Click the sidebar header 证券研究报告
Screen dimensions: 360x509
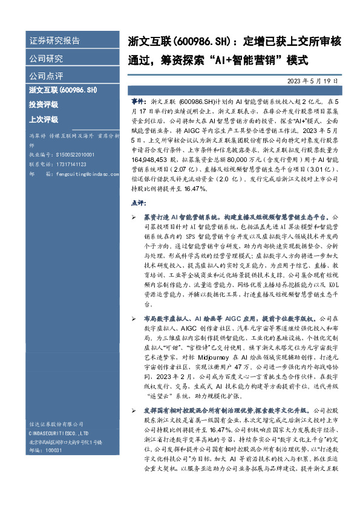[54, 41]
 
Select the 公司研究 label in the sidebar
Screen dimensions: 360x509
[46, 59]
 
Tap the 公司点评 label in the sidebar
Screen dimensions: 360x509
[46, 77]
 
